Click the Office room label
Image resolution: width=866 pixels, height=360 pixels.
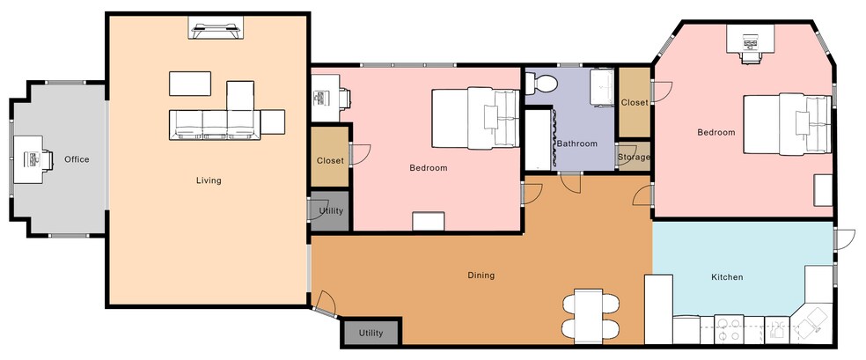pos(77,159)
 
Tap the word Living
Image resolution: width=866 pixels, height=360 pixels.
pos(209,180)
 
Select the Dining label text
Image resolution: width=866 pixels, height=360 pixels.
pos(481,275)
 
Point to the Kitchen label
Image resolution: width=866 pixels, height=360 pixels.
pos(727,277)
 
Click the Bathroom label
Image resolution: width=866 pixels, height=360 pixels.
pos(577,143)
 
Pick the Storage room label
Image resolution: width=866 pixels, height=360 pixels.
pos(634,157)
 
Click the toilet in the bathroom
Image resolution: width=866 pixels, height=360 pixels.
pos(540,84)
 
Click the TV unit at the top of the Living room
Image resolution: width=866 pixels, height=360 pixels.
pos(216,27)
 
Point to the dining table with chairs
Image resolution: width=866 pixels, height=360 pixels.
pos(589,315)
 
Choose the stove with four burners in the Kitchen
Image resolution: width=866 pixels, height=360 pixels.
pos(729,329)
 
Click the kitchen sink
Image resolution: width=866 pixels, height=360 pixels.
pos(778,329)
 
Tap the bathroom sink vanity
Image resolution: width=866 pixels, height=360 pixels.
pos(603,86)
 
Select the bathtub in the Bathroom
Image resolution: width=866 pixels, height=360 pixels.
pos(539,140)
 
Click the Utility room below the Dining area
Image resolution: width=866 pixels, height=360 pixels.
pos(371,333)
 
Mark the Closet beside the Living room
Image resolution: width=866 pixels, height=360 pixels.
pos(330,158)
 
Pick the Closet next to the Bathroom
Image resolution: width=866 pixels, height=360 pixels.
pos(634,102)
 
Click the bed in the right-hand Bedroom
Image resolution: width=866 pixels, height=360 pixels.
pos(788,124)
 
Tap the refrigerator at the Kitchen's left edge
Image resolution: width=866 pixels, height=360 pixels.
pos(658,309)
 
